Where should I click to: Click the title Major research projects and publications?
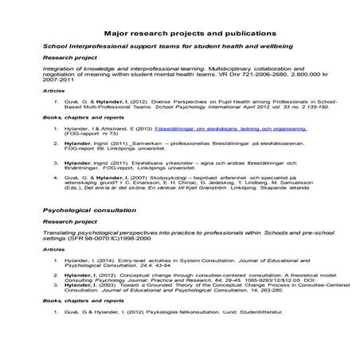(x=180, y=34)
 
